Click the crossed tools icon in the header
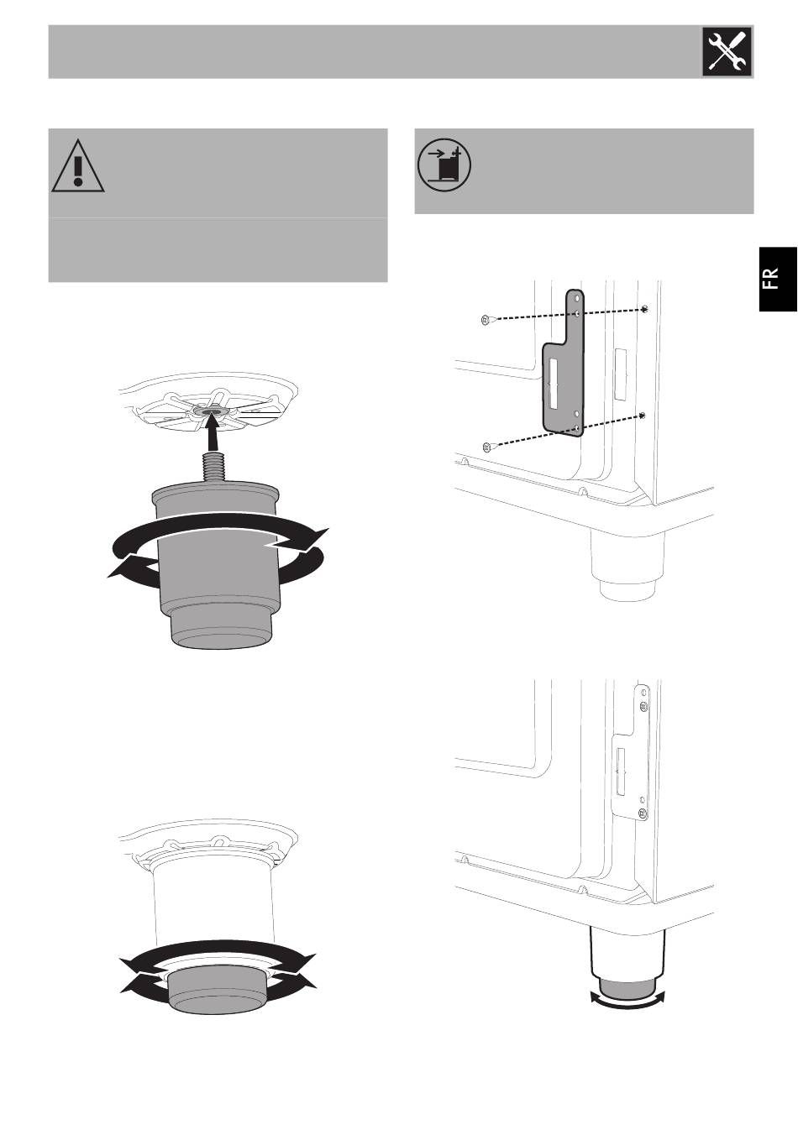coord(727,52)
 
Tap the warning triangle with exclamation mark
coord(78,166)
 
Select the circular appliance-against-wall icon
coord(444,165)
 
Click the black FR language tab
coord(778,279)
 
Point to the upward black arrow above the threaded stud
coord(214,432)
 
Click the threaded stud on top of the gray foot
coord(214,468)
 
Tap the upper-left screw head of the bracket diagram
coord(484,319)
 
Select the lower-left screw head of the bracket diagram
coord(486,447)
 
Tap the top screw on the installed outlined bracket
coord(643,706)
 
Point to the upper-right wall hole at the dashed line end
coord(644,309)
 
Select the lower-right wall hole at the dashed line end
coord(642,416)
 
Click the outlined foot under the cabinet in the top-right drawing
coord(627,568)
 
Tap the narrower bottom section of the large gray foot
coord(222,627)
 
